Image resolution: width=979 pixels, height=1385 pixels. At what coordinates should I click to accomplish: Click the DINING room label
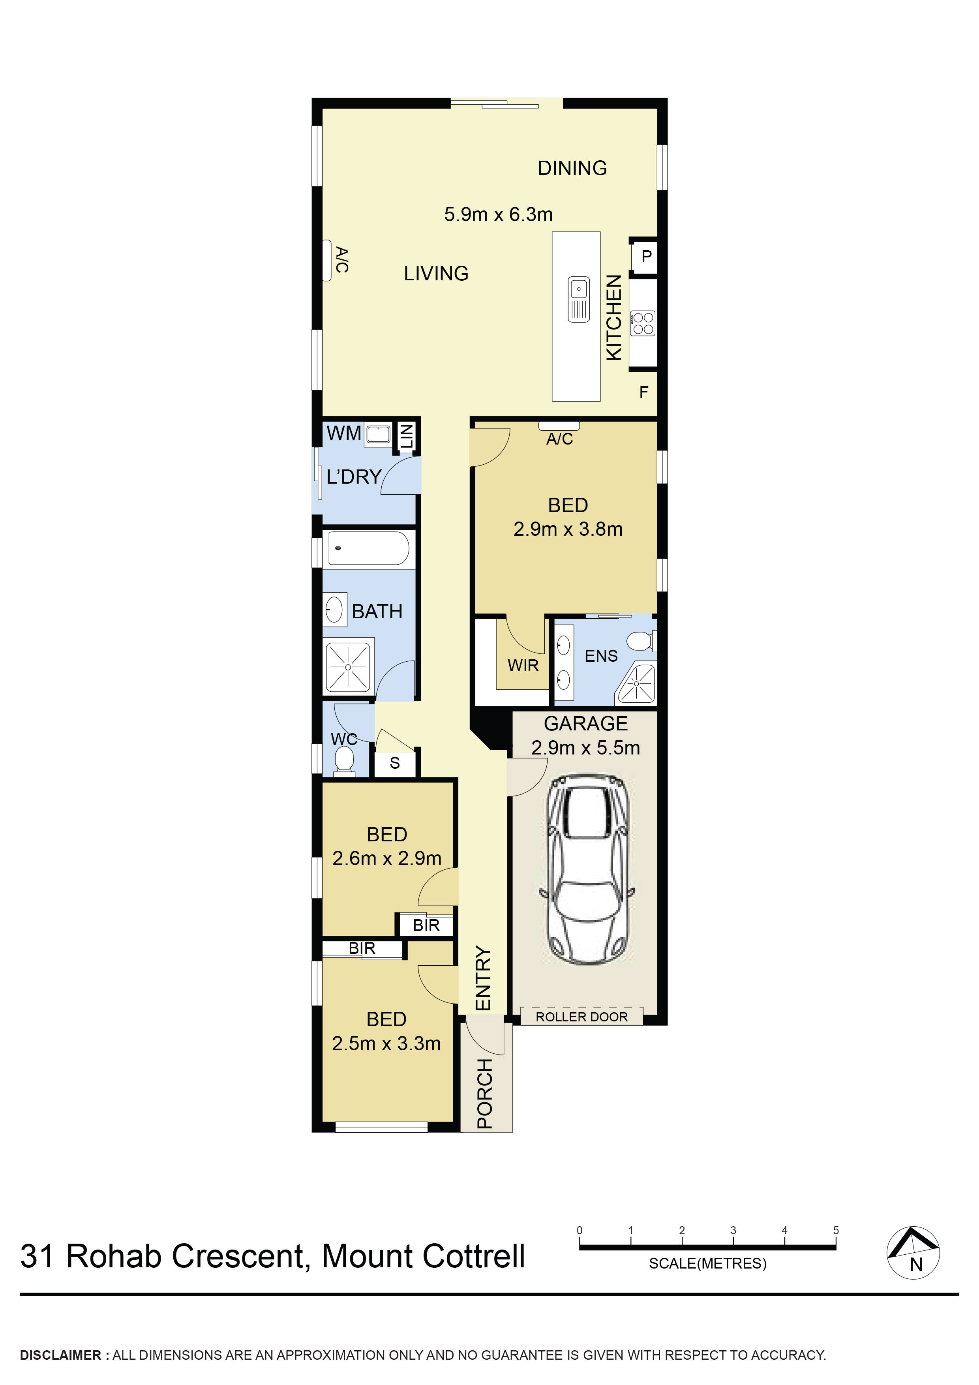coord(572,168)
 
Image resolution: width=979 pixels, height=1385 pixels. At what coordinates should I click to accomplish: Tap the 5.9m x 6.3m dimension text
coord(498,214)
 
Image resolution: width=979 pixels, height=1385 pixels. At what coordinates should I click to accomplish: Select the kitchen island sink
coord(578,299)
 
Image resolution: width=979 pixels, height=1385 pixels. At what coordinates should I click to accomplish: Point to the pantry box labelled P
coord(646,256)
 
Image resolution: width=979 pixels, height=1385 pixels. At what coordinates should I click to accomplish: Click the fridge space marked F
coord(643,392)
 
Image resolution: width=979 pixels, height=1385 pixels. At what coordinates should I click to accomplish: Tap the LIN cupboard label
coord(407,435)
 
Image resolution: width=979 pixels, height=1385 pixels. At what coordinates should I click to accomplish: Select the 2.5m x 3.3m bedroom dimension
coord(386,1043)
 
